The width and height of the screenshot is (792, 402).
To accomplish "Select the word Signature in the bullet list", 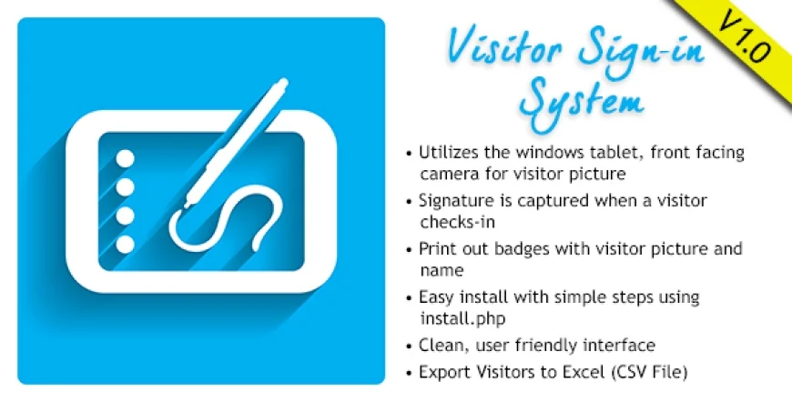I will tap(455, 200).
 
